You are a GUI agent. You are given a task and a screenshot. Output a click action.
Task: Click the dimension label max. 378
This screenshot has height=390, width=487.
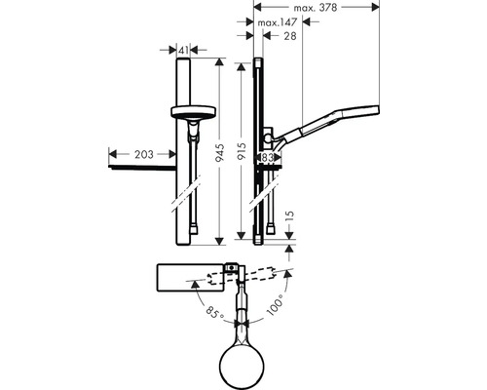pos(315,8)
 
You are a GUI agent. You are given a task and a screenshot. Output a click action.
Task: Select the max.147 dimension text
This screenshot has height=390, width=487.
pos(277,22)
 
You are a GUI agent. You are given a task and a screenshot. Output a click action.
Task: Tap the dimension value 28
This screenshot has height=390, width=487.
pos(290,36)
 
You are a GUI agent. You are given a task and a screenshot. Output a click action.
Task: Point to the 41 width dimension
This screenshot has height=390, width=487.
pos(183,50)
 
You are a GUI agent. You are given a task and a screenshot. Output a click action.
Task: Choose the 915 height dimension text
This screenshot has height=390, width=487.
pos(242,151)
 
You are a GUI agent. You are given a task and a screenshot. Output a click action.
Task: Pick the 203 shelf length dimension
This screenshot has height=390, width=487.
pos(144,154)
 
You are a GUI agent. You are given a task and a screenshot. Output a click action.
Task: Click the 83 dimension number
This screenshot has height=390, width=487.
pos(267,158)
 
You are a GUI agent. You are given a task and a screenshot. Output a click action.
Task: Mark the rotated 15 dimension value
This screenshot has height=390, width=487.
pos(290,216)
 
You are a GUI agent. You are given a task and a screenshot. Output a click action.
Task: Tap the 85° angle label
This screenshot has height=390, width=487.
pos(214,312)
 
